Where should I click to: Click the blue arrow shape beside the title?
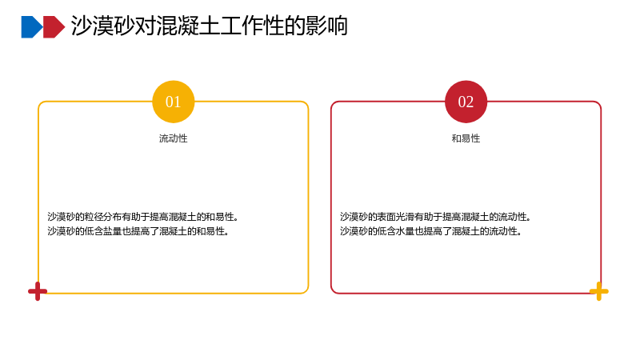tap(32, 27)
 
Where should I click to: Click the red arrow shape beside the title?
tap(54, 27)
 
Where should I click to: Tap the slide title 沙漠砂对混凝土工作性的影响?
tap(210, 26)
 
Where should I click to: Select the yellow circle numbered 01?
tap(173, 102)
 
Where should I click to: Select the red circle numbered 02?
tap(466, 102)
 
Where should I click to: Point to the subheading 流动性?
tap(173, 138)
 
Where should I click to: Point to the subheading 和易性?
tap(466, 138)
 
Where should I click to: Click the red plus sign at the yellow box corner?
tap(38, 291)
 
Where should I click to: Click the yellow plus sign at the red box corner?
tap(598, 291)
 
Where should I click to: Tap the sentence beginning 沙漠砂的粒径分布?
tap(143, 217)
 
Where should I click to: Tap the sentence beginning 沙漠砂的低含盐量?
tap(138, 231)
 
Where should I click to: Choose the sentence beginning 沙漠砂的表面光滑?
tap(435, 217)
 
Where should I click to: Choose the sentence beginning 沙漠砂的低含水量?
tap(431, 231)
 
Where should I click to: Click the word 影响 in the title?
tap(326, 26)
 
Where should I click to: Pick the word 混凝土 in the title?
tap(188, 26)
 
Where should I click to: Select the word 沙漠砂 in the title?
tap(103, 26)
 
